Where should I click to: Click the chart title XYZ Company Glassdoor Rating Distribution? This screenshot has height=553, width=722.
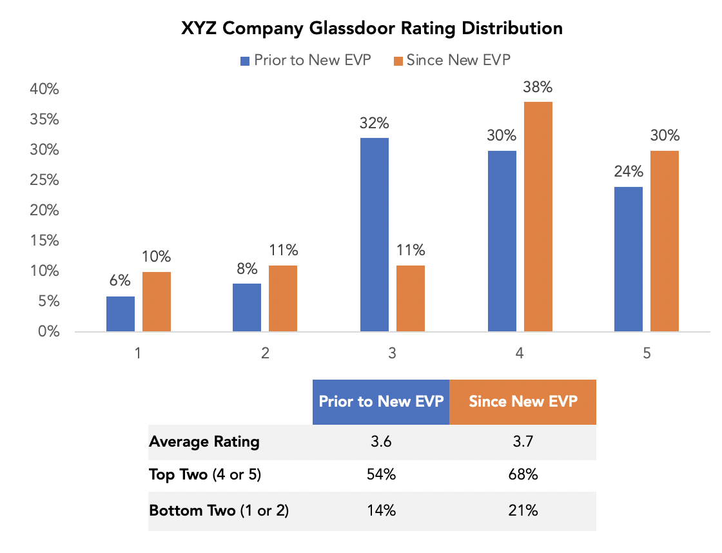(x=372, y=29)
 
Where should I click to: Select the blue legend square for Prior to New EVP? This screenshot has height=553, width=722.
(x=245, y=61)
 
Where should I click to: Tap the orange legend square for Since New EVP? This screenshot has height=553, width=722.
(x=398, y=61)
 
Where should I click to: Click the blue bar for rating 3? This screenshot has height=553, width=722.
(x=375, y=235)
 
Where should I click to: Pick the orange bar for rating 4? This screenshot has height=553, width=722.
(x=538, y=217)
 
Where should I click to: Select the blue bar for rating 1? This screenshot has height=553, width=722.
(x=121, y=314)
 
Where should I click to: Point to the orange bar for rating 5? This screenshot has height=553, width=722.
(x=665, y=241)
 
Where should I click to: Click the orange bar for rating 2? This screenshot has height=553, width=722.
(x=283, y=298)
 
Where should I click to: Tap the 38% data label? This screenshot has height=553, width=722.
(x=538, y=87)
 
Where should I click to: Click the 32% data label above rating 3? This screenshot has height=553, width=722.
(x=375, y=123)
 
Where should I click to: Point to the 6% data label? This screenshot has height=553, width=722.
(x=121, y=280)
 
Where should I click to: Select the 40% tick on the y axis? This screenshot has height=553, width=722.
(x=44, y=90)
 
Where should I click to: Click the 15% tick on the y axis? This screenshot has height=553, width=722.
(x=44, y=241)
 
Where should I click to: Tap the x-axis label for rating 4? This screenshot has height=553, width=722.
(x=520, y=353)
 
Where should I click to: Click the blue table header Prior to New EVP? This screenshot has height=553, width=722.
(x=381, y=402)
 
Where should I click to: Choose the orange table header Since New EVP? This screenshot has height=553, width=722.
(x=523, y=402)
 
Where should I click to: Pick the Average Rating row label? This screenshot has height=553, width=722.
(x=204, y=442)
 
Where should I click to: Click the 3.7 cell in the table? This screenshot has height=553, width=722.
(x=523, y=442)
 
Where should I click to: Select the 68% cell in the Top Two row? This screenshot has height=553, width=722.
(x=523, y=476)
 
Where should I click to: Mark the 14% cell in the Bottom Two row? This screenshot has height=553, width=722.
(x=381, y=510)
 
